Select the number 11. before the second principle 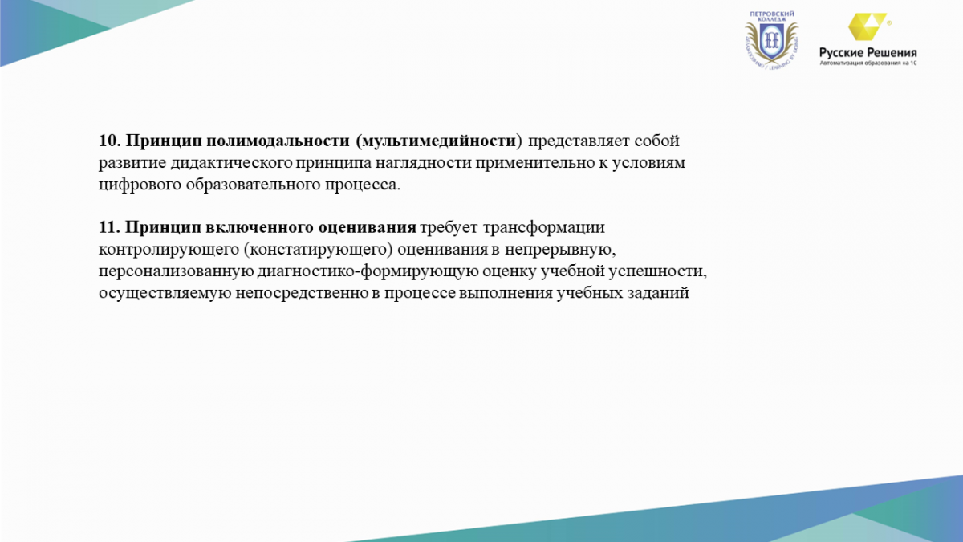pos(109,227)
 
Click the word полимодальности pos(278,141)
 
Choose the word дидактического pos(232,163)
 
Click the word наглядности pos(424,163)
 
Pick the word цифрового pos(140,185)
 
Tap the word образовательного pos(254,185)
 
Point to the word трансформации pos(543,228)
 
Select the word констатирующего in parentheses pos(318,251)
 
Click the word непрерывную pos(558,251)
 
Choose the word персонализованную pos(176,272)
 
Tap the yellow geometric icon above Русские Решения pos(867,26)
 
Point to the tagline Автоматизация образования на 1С pos(868,63)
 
